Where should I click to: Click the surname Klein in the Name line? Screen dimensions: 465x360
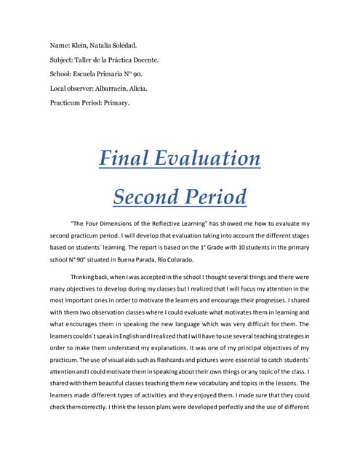point(83,46)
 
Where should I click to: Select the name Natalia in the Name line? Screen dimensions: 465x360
point(108,46)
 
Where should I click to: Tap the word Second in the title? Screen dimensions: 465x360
point(145,196)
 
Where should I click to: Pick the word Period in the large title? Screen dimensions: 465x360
point(215,196)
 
